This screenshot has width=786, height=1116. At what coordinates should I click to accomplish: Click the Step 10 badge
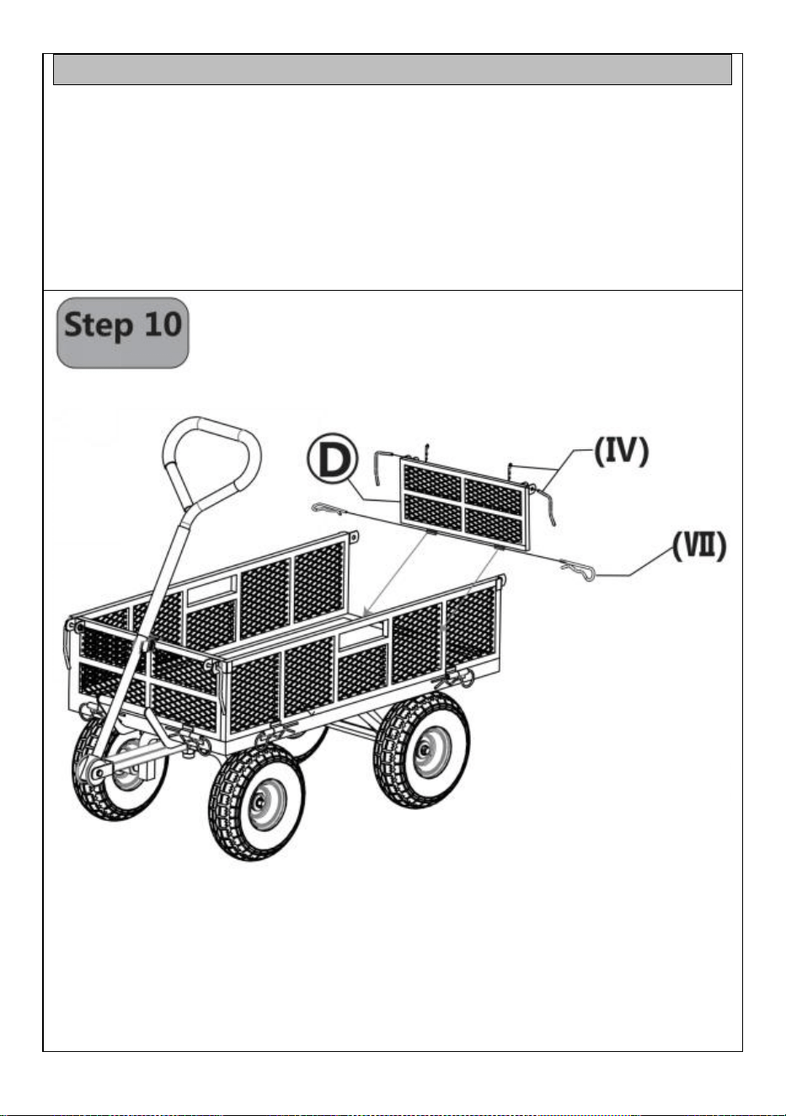[122, 332]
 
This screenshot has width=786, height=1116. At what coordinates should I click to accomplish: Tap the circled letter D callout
[333, 459]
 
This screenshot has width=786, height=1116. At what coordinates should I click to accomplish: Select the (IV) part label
[622, 452]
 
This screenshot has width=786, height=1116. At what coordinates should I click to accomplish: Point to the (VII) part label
[699, 546]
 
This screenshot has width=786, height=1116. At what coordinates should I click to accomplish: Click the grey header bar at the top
[393, 69]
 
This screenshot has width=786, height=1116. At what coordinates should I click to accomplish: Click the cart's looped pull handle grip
[211, 461]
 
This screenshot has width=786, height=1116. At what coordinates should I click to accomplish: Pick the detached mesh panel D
[465, 504]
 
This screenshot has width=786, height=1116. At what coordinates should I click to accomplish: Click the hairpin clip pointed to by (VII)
[578, 571]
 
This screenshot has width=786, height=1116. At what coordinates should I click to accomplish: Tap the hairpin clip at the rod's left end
[326, 509]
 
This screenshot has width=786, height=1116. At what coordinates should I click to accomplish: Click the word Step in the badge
[99, 326]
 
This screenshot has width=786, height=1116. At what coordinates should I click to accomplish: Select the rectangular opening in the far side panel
[211, 589]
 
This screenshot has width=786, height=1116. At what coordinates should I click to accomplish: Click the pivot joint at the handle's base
[98, 772]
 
